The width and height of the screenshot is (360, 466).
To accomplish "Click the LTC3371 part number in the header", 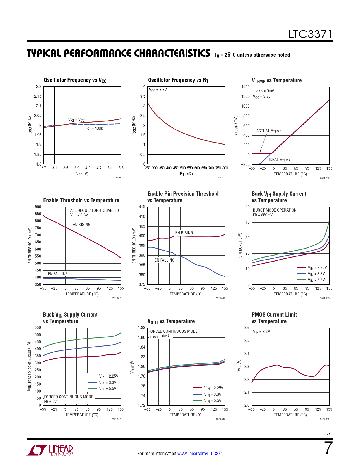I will click(x=310, y=34).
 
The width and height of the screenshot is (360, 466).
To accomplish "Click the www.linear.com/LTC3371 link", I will click(x=200, y=454).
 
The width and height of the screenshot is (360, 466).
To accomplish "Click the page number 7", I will click(x=328, y=448).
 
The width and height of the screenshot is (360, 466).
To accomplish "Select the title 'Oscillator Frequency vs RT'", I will click(x=178, y=80).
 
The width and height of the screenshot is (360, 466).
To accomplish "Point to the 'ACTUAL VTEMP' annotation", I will click(x=269, y=131).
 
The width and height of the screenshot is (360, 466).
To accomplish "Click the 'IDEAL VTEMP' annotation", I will click(x=279, y=160).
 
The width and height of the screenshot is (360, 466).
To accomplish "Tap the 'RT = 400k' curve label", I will click(x=95, y=129).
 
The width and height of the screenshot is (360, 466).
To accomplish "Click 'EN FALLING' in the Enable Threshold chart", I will click(x=58, y=274).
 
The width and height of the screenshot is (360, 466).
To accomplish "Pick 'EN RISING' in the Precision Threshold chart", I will click(x=184, y=233).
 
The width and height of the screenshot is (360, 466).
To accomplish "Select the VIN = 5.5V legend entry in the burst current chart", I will click(x=316, y=280).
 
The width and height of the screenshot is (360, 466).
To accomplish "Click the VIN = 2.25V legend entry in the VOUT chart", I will click(x=213, y=388).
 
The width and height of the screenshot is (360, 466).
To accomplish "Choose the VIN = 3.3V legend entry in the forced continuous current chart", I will click(x=108, y=382).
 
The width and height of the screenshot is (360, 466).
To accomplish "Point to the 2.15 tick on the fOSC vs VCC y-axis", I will click(x=38, y=96).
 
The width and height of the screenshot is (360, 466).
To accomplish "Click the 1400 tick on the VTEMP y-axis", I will click(x=245, y=87).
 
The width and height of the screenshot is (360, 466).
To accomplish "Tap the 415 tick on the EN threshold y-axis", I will click(x=142, y=207).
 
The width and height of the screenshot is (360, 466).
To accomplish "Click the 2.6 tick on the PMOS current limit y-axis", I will click(x=246, y=328).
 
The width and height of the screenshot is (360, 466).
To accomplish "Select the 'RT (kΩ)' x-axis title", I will click(x=186, y=174).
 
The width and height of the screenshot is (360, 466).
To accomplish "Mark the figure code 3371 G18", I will click(x=325, y=419).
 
